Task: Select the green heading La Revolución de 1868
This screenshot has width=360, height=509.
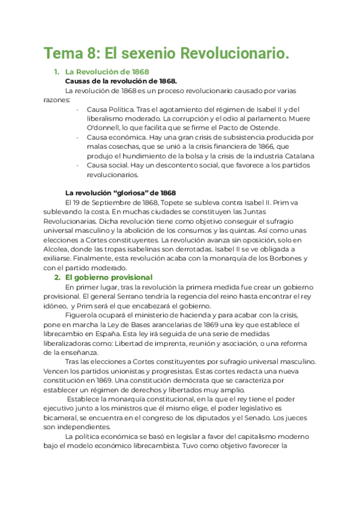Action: click(x=107, y=72)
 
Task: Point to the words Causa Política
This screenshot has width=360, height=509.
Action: click(x=108, y=109)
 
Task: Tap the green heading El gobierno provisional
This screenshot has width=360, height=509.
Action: click(x=108, y=277)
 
